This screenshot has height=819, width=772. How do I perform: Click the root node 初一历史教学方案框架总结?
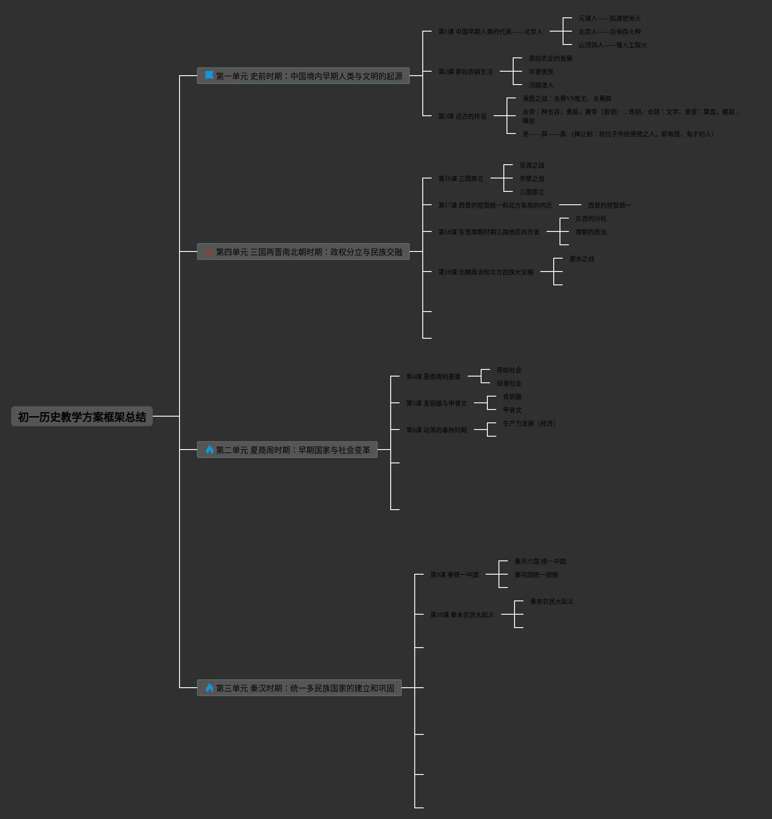click(x=82, y=417)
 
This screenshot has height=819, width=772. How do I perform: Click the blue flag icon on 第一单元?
click(x=209, y=76)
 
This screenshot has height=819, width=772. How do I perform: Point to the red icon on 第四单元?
click(x=209, y=251)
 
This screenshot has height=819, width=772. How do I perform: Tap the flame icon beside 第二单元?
click(x=209, y=450)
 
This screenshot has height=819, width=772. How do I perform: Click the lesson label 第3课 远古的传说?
click(x=462, y=116)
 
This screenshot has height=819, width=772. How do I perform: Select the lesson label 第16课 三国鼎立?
click(x=461, y=178)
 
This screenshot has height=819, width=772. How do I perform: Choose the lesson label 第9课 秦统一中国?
click(x=454, y=575)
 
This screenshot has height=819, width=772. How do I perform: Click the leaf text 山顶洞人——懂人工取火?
click(x=613, y=45)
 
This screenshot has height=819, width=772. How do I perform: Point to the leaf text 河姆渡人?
click(x=541, y=85)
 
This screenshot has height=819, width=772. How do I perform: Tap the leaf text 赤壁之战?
click(x=531, y=178)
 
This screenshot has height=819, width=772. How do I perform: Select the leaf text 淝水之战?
click(x=581, y=259)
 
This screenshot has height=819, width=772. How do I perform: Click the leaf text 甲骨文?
click(x=512, y=410)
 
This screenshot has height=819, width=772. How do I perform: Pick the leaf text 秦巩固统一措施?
click(x=536, y=575)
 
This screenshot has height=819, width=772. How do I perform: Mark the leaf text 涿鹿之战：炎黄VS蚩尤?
click(x=567, y=98)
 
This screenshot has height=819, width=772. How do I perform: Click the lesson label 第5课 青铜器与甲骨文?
click(x=436, y=403)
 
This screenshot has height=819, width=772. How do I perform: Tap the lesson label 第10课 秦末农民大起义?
click(x=462, y=615)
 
